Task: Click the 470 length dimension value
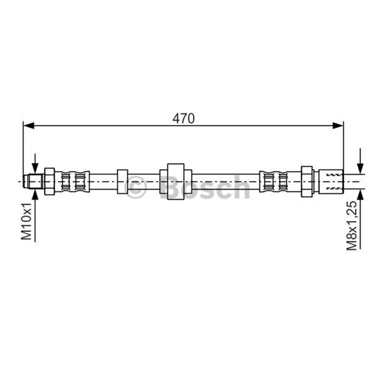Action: click(183, 119)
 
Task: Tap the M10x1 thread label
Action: click(27, 221)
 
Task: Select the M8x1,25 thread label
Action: click(352, 225)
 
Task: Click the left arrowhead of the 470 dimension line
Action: click(29, 125)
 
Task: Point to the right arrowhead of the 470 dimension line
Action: click(338, 125)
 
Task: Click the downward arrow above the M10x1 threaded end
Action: click(35, 164)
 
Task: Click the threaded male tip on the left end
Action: click(33, 181)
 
